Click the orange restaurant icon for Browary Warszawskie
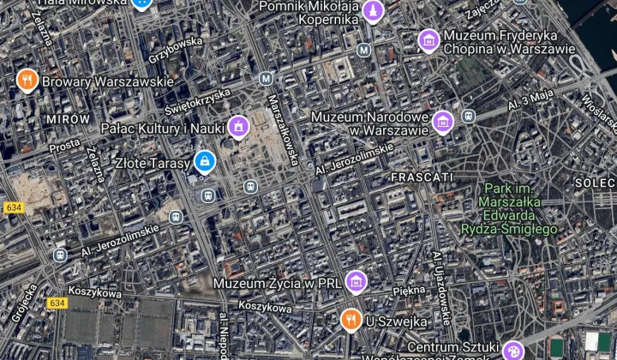click(27, 81)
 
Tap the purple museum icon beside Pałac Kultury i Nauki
click(237, 129)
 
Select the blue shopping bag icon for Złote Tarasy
click(204, 160)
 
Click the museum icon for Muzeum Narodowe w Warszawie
click(442, 123)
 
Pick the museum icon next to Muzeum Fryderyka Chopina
click(428, 40)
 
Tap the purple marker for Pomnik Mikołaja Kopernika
click(372, 11)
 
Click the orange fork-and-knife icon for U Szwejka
click(350, 321)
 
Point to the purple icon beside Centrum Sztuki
click(512, 351)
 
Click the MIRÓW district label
click(69, 118)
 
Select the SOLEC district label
click(595, 183)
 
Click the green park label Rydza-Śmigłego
click(509, 229)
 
